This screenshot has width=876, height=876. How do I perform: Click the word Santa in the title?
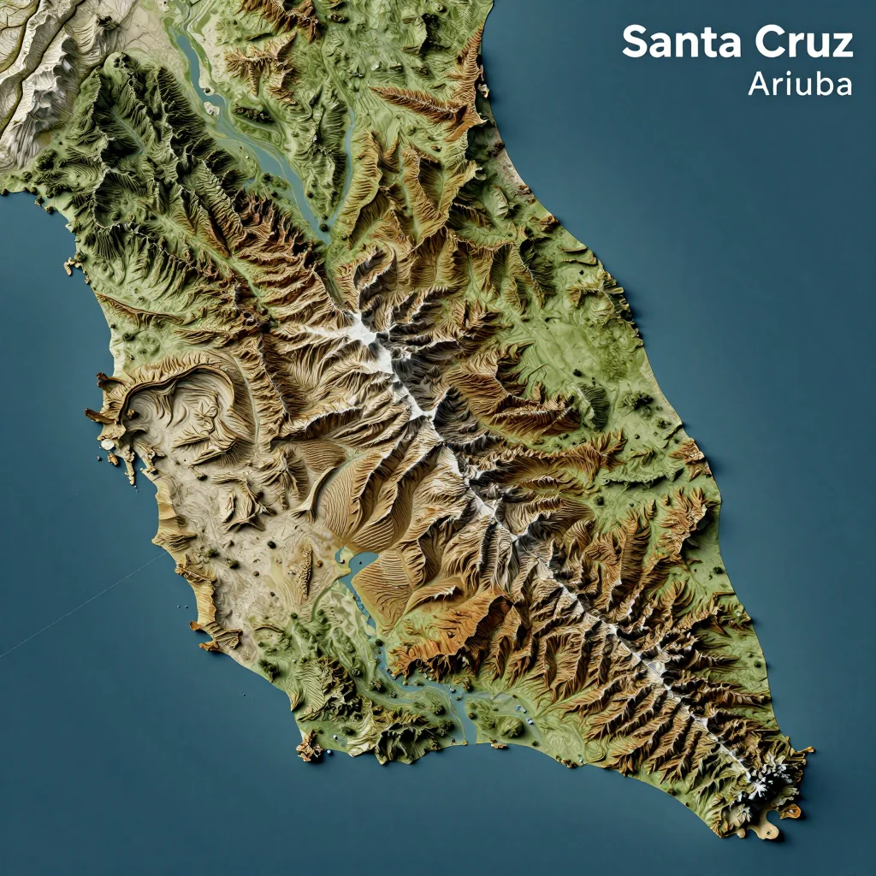point(675,43)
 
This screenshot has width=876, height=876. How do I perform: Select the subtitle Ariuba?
point(799,84)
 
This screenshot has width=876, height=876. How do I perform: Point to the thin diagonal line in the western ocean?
point(86,607)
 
